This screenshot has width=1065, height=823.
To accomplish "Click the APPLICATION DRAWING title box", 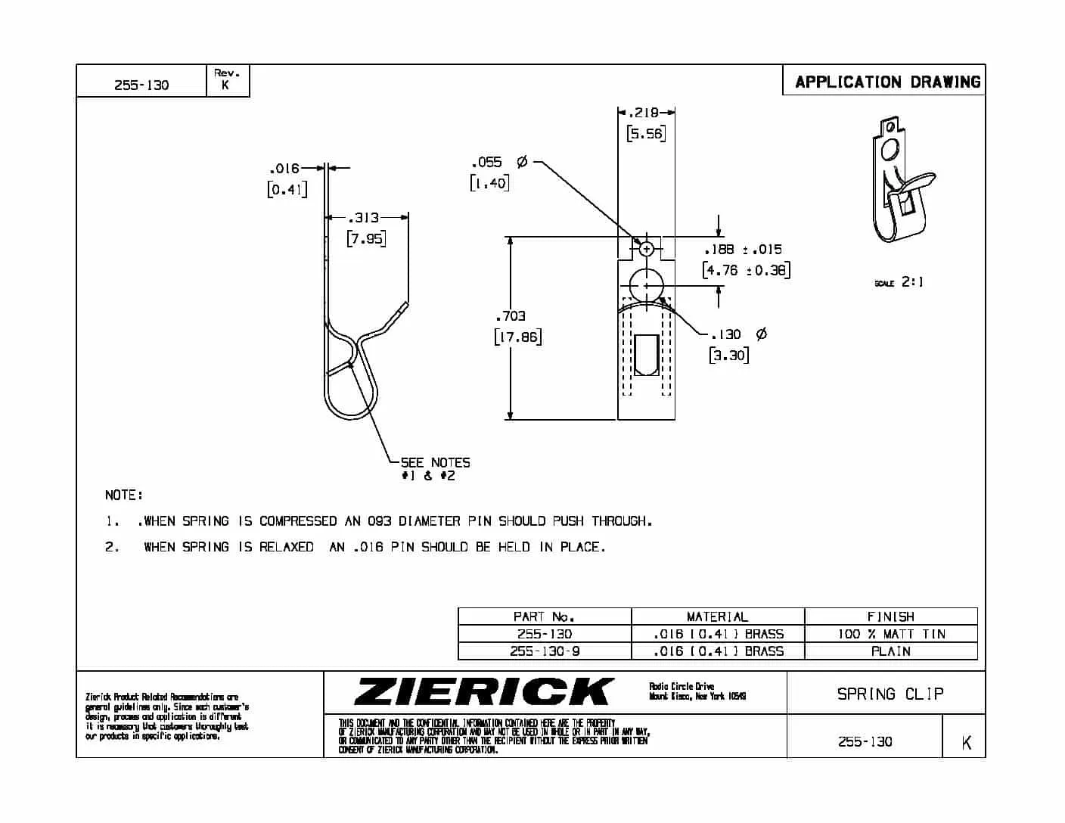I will (x=886, y=82).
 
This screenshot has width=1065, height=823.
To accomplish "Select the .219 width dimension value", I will (x=645, y=113).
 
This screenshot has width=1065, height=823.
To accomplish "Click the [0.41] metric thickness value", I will (x=287, y=189).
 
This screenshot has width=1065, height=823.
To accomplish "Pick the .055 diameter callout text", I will (x=486, y=162).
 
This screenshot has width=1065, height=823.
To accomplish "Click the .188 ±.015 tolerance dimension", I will (x=743, y=250).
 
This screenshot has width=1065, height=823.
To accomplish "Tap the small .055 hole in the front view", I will (x=647, y=248).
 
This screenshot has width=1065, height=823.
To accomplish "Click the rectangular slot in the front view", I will (x=647, y=355).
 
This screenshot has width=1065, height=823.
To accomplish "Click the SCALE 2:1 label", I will (x=899, y=282).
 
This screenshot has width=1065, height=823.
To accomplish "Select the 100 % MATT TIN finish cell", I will (x=891, y=634).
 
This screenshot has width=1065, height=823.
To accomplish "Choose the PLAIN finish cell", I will (x=891, y=651).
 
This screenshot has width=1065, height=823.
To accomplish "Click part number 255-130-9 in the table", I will (x=545, y=651).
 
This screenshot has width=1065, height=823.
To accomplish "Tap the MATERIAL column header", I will (x=717, y=616).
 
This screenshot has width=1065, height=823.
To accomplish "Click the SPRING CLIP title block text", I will (x=890, y=694).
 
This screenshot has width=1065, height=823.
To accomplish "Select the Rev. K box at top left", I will (x=227, y=80).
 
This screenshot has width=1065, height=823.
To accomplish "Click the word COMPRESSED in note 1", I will (x=298, y=521).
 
